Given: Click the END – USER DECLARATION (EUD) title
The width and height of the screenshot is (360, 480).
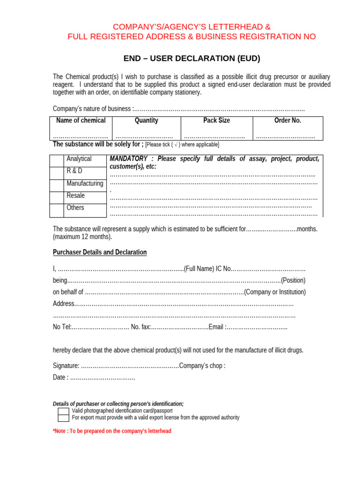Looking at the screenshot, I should coord(191,59).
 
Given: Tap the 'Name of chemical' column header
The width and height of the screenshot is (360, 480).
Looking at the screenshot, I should coord(81,120).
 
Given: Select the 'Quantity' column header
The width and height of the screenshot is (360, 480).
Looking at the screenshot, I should coord(146,120).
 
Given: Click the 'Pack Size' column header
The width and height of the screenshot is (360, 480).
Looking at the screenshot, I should coord(217,120).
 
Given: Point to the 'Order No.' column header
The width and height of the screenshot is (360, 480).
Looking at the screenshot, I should coord(287,120).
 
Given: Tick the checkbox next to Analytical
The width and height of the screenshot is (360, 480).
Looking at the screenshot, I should coord(57,161).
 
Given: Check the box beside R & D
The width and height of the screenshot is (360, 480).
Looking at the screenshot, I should coord(57,173).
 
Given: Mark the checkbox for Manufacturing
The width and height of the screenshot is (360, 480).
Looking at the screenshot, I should coord(57,185).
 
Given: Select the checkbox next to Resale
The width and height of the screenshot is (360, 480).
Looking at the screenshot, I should coord(57,197).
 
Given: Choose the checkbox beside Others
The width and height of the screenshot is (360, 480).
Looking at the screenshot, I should coord(57,210).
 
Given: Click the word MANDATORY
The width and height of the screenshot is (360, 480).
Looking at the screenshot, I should coord(128,159).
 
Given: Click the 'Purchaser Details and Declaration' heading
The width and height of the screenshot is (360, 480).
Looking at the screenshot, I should coord(99,252).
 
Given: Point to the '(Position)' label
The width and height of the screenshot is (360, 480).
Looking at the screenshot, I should coord(293,280).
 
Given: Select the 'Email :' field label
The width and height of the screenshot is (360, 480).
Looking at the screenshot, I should coord(217,327).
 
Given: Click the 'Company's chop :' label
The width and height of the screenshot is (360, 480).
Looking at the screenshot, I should coord(202,366).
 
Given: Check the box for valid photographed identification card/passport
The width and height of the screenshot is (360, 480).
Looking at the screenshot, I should coord(63,411).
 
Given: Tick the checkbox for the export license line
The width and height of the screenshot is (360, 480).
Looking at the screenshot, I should coord(63,418).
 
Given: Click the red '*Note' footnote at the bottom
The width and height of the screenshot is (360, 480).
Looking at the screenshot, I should coord(112,431).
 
